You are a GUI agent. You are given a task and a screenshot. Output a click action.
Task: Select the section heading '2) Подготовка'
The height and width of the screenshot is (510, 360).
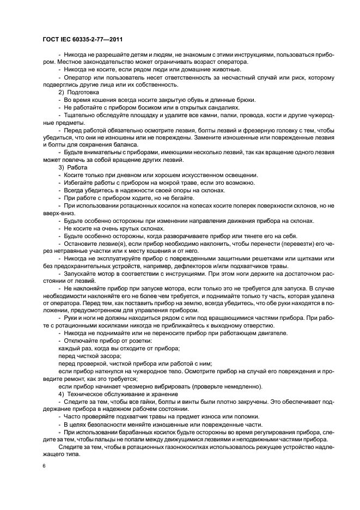[x=78, y=93]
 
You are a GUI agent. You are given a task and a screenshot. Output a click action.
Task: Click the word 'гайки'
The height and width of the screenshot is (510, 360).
[x=145, y=402]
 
